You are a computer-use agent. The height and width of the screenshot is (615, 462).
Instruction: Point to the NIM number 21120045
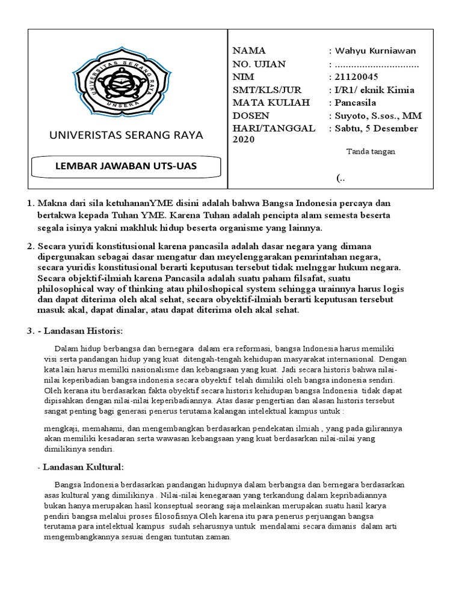[354, 77]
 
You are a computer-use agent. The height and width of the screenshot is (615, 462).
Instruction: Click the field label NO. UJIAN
[259, 64]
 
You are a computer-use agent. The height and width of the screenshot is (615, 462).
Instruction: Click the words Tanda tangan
[371, 152]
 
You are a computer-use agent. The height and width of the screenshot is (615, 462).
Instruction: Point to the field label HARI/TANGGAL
[274, 129]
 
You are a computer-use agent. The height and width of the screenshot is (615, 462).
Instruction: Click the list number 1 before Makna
[30, 205]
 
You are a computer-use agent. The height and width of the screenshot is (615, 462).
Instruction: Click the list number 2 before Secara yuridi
[30, 247]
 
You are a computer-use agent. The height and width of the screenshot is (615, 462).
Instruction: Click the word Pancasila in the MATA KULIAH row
[359, 103]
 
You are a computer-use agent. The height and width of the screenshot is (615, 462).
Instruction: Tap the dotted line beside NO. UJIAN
[377, 64]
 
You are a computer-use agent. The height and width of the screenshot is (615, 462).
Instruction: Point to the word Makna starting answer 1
[51, 205]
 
